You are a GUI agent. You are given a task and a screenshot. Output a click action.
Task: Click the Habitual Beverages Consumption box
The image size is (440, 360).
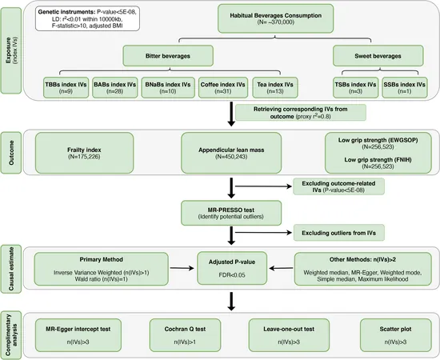click(275, 18)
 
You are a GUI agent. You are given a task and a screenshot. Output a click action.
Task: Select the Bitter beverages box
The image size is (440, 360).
click(168, 56)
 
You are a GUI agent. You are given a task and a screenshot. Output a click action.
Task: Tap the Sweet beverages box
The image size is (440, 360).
click(378, 56)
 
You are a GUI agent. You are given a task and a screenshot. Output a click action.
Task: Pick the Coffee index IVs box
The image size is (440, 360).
click(223, 87)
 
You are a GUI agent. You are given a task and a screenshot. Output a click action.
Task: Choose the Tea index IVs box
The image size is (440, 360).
click(275, 87)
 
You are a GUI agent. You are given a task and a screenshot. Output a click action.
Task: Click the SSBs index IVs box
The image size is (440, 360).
click(405, 87)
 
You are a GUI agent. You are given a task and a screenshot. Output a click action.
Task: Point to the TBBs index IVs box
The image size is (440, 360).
click(66, 87)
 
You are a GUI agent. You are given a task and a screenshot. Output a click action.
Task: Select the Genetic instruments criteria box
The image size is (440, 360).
click(87, 18)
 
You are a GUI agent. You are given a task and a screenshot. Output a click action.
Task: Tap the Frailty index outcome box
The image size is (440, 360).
click(84, 153)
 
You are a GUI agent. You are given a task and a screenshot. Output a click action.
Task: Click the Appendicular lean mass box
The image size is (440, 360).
click(231, 153)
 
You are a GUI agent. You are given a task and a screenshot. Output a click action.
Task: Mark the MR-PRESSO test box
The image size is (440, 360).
click(231, 213)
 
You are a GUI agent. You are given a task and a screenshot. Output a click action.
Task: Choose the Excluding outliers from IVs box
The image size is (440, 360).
click(338, 233)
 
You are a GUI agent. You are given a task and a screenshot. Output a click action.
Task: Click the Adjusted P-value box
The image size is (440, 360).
click(232, 268)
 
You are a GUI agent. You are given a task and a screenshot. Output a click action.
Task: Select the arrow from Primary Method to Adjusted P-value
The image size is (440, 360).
click(182, 268)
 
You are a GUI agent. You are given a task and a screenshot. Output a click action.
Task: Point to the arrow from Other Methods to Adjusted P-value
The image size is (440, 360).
click(281, 268)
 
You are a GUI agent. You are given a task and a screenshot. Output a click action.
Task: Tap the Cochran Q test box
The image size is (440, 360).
click(185, 335)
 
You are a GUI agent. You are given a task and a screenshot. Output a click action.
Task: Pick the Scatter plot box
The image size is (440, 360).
click(396, 335)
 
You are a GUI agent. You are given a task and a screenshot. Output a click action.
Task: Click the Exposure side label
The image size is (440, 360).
click(11, 50)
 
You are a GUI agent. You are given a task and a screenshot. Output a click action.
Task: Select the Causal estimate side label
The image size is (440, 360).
click(11, 269)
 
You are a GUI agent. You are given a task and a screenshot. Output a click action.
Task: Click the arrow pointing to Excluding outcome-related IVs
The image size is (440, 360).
click(263, 186)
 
